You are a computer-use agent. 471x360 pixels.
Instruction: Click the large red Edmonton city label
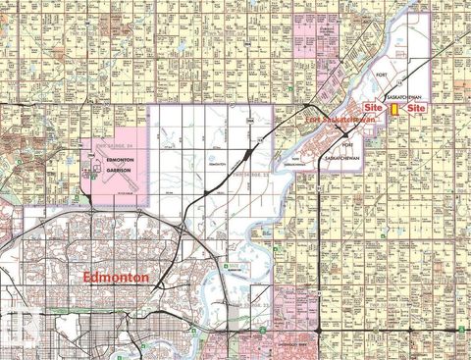click(x=117, y=279)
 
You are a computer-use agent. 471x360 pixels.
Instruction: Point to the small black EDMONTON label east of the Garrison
click(x=217, y=164)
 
